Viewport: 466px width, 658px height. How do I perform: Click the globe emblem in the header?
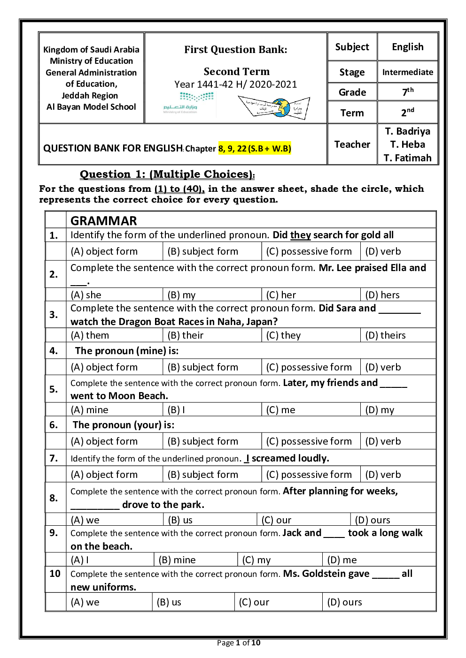pos(281,107)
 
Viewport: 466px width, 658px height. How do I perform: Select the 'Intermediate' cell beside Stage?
pos(407,72)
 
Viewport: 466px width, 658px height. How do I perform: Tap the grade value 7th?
pos(408,92)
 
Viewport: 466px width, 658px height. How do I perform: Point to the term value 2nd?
pos(407,113)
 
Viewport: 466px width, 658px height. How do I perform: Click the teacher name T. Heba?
pos(407,144)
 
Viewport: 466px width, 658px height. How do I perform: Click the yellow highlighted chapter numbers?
pos(255,149)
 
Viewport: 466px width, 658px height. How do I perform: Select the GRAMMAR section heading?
pos(104,220)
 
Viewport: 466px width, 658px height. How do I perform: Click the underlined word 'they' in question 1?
pos(300,235)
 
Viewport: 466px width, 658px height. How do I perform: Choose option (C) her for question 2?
pos(281,295)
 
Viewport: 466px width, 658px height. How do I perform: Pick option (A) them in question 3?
pos(90,335)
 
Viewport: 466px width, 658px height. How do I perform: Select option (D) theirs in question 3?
pos(386,335)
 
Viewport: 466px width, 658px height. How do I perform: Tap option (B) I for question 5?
pos(177,410)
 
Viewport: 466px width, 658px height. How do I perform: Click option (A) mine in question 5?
pos(90,410)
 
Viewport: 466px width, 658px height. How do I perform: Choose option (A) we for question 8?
pos(85,520)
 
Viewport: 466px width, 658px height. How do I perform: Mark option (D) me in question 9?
pos(342,560)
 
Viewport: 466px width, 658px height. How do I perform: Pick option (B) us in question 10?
pos(169,602)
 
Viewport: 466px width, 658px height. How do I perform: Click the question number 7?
pos(54,458)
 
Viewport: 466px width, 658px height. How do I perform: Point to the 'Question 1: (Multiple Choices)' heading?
pos(167,174)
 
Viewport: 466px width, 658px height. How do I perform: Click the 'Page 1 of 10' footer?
pos(239,643)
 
